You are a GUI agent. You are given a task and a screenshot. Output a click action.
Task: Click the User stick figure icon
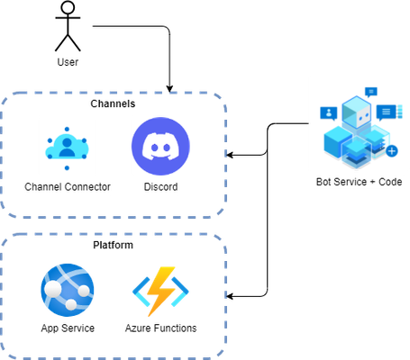(68, 26)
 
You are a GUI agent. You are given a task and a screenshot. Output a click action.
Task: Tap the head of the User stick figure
(68, 6)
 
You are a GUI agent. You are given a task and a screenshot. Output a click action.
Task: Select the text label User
(68, 62)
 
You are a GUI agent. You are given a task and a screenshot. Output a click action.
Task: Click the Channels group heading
(113, 103)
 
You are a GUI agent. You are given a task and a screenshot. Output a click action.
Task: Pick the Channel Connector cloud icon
(67, 148)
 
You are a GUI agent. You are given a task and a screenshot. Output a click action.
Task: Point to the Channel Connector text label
(68, 187)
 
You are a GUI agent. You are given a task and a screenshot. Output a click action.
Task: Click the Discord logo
(160, 146)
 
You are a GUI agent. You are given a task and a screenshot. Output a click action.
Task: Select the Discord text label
(161, 187)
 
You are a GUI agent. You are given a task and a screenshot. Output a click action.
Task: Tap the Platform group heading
(113, 245)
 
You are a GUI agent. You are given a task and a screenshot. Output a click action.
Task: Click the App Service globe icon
(68, 290)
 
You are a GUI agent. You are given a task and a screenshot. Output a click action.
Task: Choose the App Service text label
(68, 328)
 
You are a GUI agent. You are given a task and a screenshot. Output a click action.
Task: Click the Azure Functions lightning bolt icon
(160, 291)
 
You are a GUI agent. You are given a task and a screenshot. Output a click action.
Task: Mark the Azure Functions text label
(161, 328)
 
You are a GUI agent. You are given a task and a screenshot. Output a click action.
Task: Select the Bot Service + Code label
(360, 182)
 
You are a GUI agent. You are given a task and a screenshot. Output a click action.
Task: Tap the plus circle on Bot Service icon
(392, 151)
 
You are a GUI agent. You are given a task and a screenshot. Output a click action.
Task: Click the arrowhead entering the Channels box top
(169, 89)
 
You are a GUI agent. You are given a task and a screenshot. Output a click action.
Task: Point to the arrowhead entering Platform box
(229, 296)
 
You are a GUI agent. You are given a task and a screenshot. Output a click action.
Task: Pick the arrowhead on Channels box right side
(229, 155)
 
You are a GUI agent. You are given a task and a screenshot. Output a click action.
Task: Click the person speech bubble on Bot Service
(329, 113)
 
